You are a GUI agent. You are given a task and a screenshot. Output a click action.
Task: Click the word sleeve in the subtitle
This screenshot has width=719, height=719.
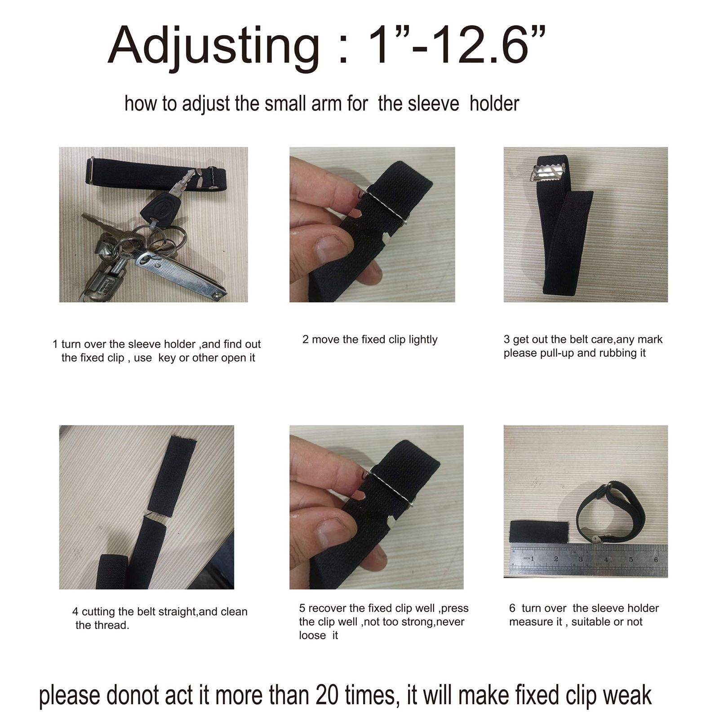coord(419,104)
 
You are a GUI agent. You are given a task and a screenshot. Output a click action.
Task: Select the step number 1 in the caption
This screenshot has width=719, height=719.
coord(55,344)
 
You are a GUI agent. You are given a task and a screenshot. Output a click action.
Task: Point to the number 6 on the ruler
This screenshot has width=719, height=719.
coord(656,559)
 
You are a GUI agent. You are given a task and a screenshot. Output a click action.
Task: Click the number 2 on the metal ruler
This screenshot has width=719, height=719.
coord(556,559)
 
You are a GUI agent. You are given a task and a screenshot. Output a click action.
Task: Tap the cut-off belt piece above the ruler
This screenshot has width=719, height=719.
coord(540,532)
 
